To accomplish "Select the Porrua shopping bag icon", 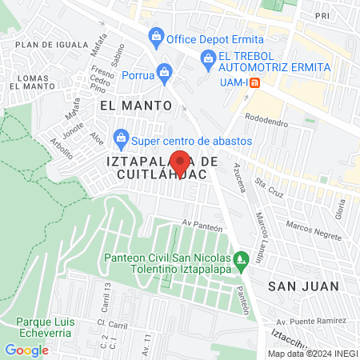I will [x=165, y=71].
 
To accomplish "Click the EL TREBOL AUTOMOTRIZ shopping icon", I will [x=208, y=57].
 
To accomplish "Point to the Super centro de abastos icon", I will [x=121, y=138].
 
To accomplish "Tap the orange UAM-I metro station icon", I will [x=254, y=82].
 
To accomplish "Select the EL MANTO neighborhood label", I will [x=136, y=105].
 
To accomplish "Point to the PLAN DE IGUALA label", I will [x=51, y=45].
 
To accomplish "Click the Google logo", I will [x=26, y=350].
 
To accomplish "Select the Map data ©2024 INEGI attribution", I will [x=311, y=354].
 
